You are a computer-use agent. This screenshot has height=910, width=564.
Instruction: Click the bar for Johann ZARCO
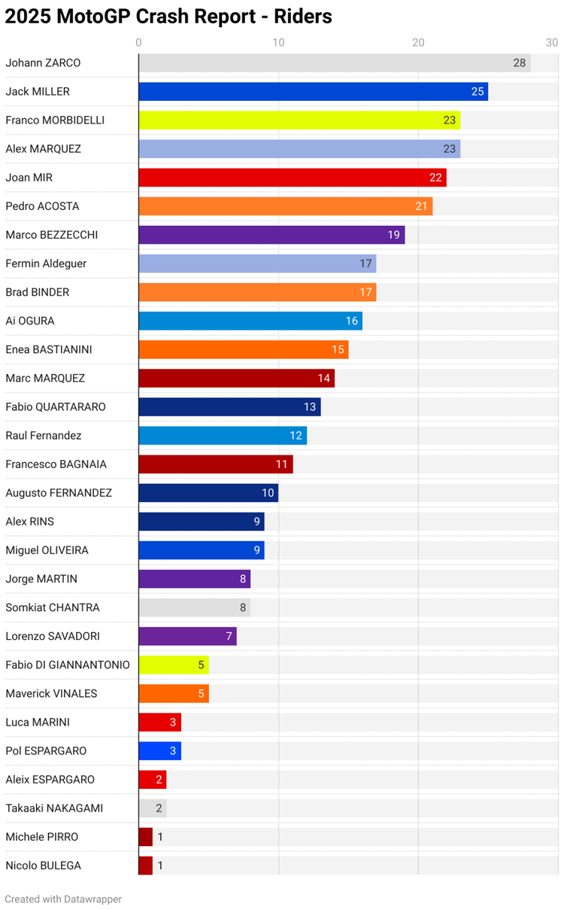tap(334, 63)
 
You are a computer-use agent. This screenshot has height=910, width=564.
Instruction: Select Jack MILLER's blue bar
tap(313, 92)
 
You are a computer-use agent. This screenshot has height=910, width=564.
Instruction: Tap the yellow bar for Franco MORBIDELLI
tap(299, 120)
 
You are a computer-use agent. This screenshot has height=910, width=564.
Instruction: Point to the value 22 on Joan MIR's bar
tap(435, 178)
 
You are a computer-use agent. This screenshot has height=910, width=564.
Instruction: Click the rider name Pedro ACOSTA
tap(42, 206)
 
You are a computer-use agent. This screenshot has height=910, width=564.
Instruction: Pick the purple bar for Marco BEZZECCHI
tap(271, 235)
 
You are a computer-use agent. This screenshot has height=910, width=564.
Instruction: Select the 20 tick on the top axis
tap(418, 42)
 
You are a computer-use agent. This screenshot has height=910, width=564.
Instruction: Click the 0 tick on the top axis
tap(139, 42)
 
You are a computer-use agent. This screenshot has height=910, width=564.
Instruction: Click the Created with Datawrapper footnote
tap(63, 899)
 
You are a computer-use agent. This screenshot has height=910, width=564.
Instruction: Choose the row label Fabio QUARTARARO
tap(56, 407)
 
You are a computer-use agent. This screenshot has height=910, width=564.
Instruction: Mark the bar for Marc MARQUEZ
tap(236, 379)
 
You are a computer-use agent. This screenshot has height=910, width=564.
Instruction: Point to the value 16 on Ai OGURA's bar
tap(352, 321)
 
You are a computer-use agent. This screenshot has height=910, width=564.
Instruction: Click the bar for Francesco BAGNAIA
tap(216, 464)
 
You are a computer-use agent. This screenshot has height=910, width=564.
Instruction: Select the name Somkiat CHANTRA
tap(53, 607)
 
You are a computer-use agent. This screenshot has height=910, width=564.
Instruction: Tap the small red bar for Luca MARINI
tap(159, 723)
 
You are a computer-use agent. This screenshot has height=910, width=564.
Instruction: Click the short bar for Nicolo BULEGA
tap(146, 866)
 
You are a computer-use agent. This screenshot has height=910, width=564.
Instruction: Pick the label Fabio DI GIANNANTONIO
tap(68, 665)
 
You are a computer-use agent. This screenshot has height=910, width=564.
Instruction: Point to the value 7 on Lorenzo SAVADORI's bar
tap(229, 637)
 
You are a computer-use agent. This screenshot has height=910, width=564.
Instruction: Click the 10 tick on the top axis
tap(278, 42)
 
